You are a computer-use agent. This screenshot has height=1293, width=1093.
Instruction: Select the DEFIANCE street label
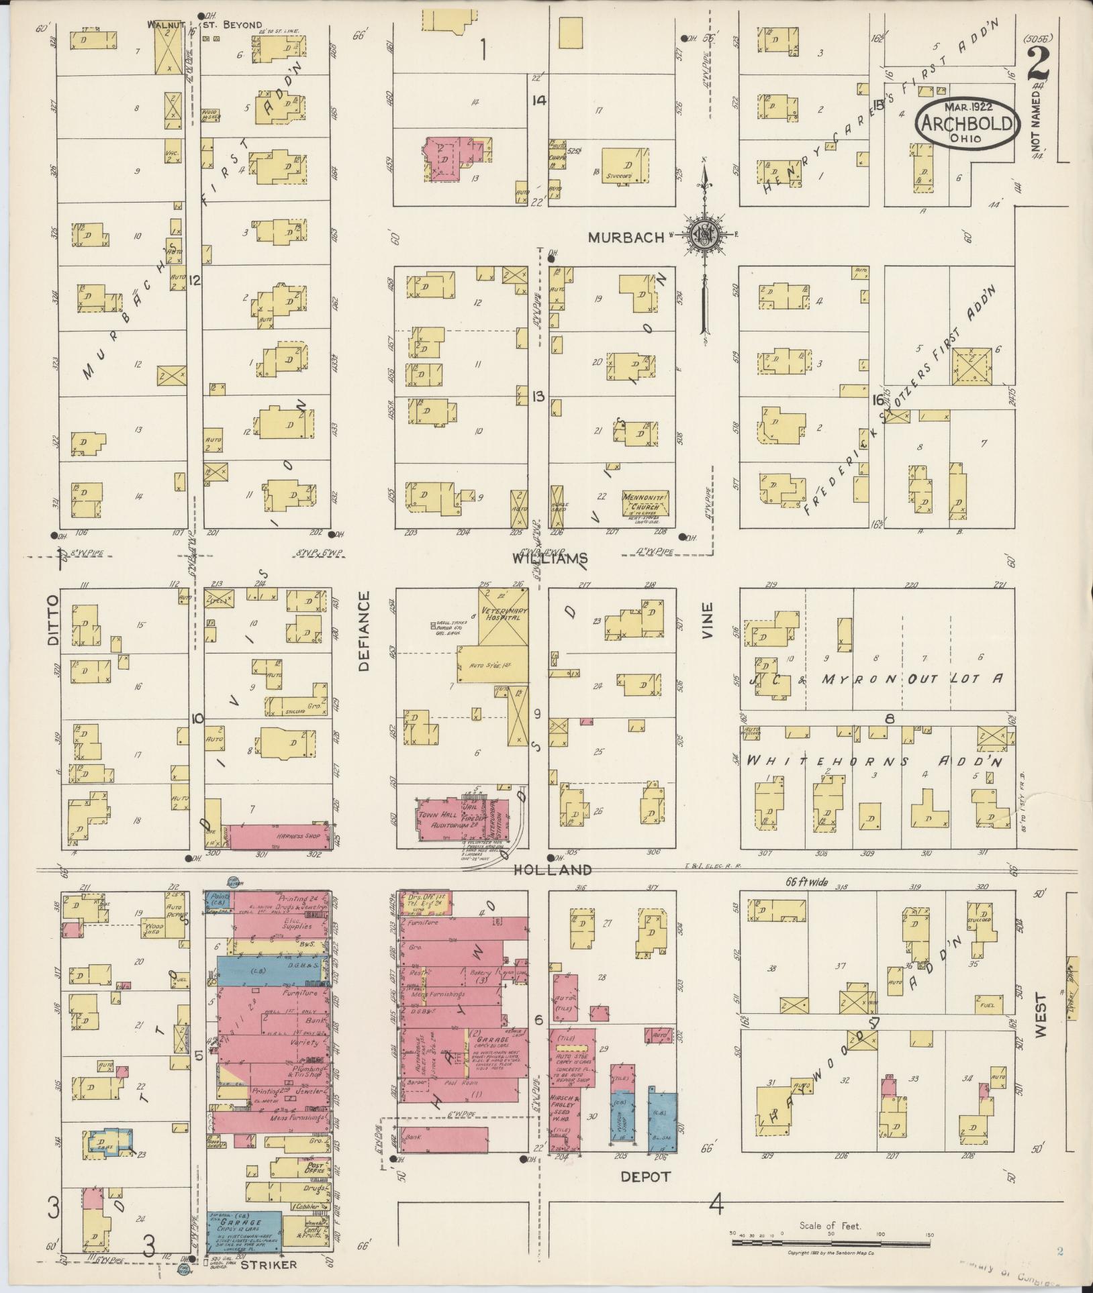(364, 631)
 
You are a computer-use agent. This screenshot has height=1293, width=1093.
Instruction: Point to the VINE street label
(707, 620)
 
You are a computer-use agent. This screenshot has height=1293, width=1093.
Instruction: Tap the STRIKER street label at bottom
(269, 1264)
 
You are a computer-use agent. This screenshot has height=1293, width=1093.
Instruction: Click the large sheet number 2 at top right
(1040, 66)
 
